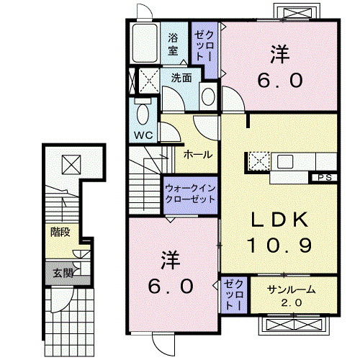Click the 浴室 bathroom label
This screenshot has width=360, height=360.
[x=174, y=43]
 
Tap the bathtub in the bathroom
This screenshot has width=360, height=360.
[x=148, y=43]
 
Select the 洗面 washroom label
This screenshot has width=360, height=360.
[x=181, y=78]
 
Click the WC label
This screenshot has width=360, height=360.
[x=142, y=134]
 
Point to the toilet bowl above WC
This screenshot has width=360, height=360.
[x=142, y=113]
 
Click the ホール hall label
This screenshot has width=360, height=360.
[x=197, y=155]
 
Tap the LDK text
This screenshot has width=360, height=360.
[x=280, y=219]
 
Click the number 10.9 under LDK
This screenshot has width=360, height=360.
[x=280, y=246]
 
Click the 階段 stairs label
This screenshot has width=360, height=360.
[x=60, y=232]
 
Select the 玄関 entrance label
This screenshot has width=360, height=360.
[x=63, y=272]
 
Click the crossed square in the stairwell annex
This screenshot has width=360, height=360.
[x=71, y=164]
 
